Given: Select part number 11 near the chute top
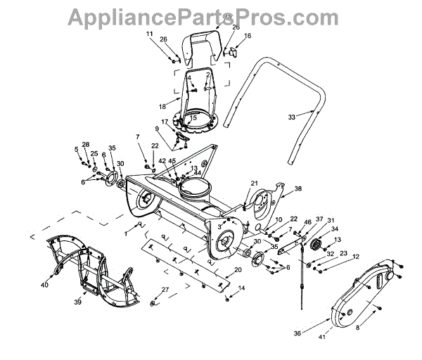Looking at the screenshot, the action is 149,34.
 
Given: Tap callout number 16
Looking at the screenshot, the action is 248,35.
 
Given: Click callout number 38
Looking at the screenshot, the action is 298,189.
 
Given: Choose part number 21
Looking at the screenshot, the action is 254,184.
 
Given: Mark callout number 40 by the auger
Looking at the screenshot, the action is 44,285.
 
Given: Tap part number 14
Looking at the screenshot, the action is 242,288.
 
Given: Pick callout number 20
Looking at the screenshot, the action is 238,270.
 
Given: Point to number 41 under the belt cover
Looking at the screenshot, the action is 323,337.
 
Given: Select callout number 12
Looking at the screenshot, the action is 357,257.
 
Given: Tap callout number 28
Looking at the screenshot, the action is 86,144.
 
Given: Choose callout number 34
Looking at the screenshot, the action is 335,229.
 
